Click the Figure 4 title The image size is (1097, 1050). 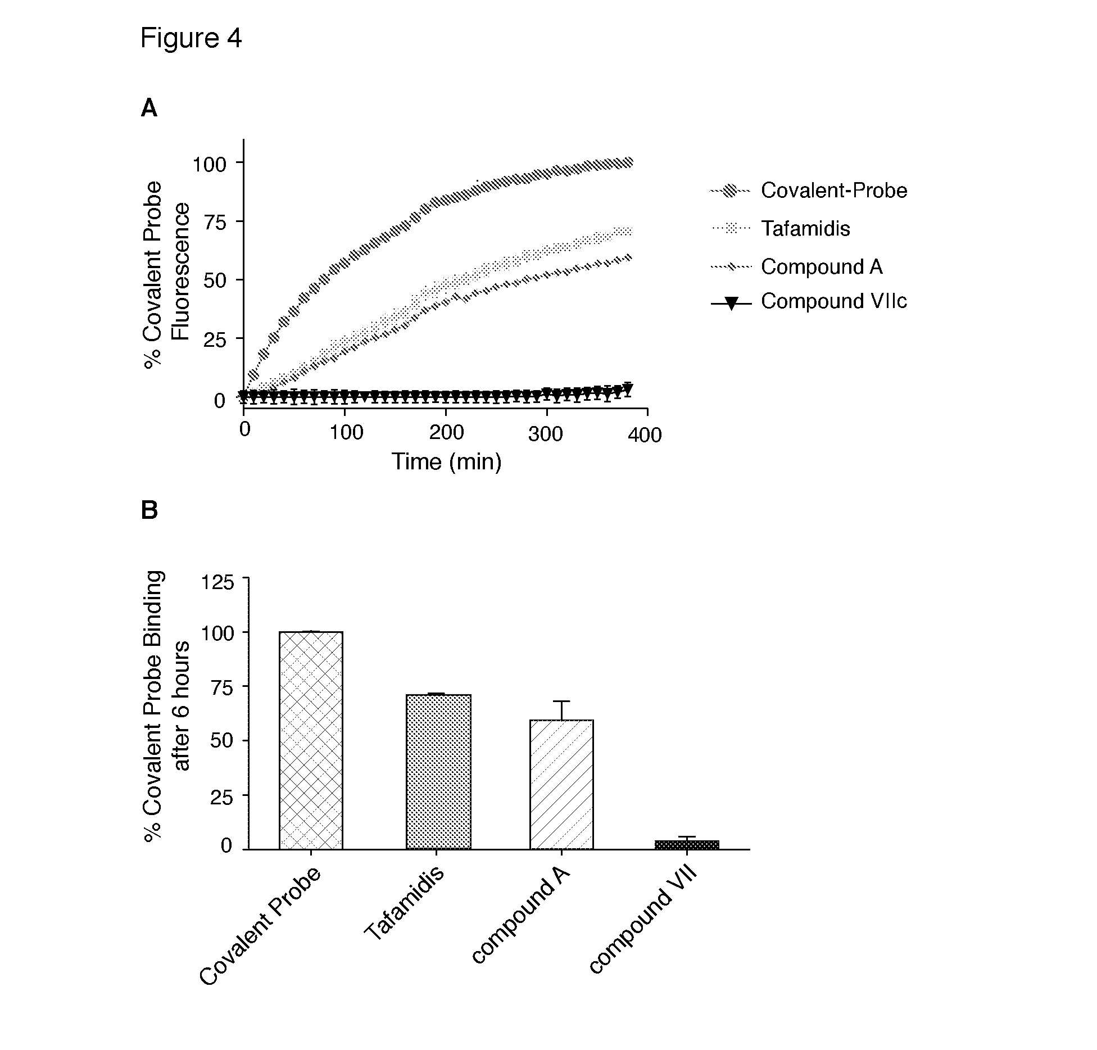click(x=191, y=39)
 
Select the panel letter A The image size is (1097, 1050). click(x=149, y=108)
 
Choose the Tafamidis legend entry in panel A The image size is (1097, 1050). click(x=805, y=228)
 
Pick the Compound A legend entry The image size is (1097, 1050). click(x=821, y=266)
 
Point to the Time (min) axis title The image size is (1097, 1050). click(x=446, y=461)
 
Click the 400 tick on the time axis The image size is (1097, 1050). click(x=645, y=435)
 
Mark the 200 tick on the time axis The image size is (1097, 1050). click(x=446, y=432)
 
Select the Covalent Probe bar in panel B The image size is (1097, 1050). click(x=311, y=741)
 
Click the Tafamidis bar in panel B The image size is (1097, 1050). click(x=438, y=772)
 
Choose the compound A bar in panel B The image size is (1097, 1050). click(x=561, y=785)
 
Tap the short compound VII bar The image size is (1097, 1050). click(x=687, y=845)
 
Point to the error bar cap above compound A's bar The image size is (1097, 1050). click(x=561, y=701)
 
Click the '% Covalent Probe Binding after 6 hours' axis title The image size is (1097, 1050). click(x=167, y=707)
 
